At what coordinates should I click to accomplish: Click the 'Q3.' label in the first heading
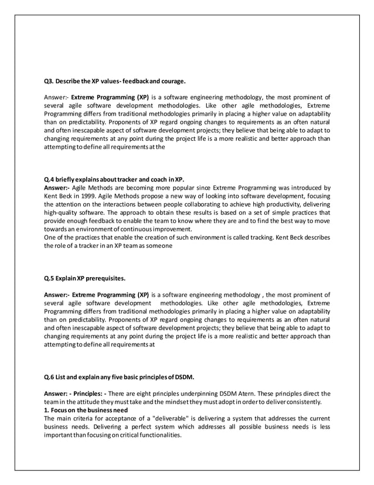click(50, 80)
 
